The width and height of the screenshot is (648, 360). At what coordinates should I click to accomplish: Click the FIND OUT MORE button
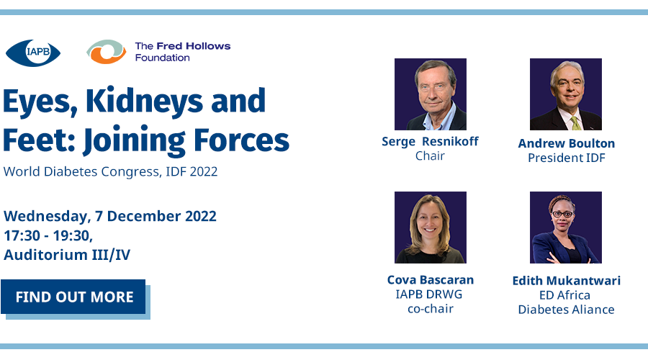coord(73,297)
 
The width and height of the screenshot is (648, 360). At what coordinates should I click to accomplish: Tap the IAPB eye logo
coord(33,53)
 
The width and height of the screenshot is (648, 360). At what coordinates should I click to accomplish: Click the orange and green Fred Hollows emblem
coord(107,52)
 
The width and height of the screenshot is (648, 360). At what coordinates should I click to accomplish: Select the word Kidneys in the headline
coord(144,102)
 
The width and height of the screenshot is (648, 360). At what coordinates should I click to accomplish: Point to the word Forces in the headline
coord(241,140)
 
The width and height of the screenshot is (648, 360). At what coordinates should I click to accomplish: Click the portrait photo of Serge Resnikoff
coord(431,94)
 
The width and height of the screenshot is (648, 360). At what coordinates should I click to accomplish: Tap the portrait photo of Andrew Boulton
coord(566,94)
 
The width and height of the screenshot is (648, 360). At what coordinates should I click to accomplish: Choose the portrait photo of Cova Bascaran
coord(431,228)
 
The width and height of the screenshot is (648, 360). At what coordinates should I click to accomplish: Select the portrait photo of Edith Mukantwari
coord(566,228)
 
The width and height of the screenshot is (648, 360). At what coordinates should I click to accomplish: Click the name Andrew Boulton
coord(567,143)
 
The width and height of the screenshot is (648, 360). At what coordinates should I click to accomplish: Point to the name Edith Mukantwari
coord(567,281)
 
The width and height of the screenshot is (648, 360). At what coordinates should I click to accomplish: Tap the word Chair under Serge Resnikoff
coord(431,156)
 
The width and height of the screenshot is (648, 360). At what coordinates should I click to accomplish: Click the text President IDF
coord(567,158)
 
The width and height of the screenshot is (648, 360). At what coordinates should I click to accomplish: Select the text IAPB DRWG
coord(429,294)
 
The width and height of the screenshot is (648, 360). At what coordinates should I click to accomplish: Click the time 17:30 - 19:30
coord(48,235)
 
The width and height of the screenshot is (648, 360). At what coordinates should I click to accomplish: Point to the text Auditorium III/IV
coord(67,255)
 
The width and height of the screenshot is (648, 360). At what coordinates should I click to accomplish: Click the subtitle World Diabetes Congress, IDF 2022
coord(110,171)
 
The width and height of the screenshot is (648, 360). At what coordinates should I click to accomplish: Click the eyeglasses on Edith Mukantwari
coord(562,214)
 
